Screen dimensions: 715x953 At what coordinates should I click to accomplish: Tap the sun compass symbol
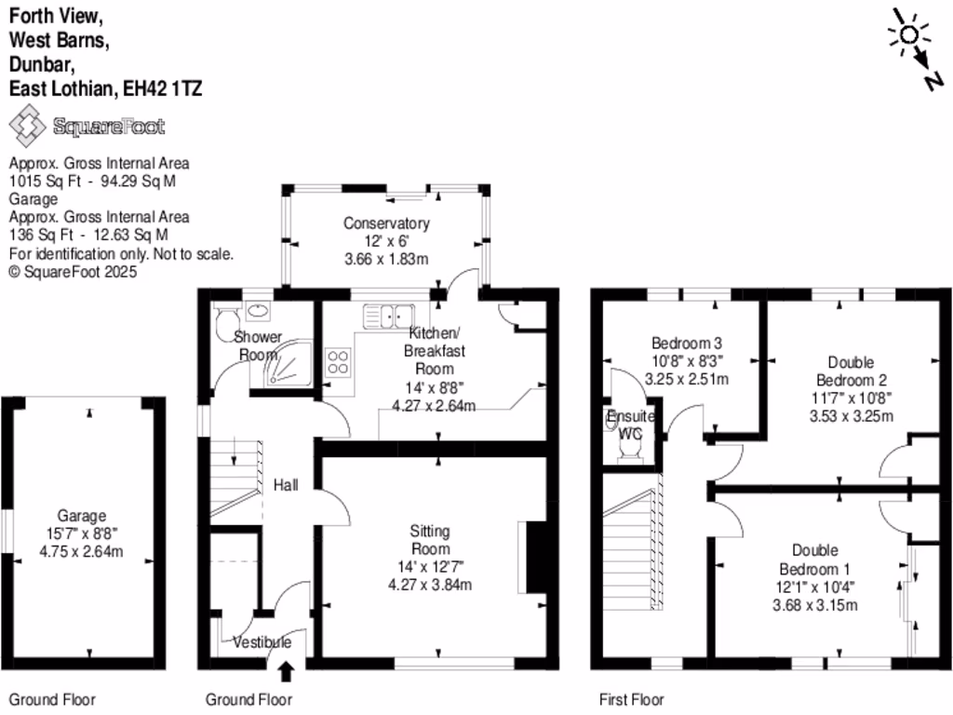click(906, 34)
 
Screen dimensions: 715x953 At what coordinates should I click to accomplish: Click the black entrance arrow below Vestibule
click(285, 669)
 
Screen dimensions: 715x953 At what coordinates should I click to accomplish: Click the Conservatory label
click(386, 223)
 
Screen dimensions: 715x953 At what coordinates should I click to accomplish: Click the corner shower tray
click(288, 363)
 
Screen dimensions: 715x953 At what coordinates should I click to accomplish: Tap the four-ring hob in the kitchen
click(337, 361)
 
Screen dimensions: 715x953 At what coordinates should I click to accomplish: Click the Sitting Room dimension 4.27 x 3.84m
click(430, 585)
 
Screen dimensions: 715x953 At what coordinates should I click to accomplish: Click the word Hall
click(285, 485)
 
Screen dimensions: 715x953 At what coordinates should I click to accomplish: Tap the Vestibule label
click(262, 642)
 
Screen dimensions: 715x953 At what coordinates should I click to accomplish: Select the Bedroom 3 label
click(687, 342)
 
